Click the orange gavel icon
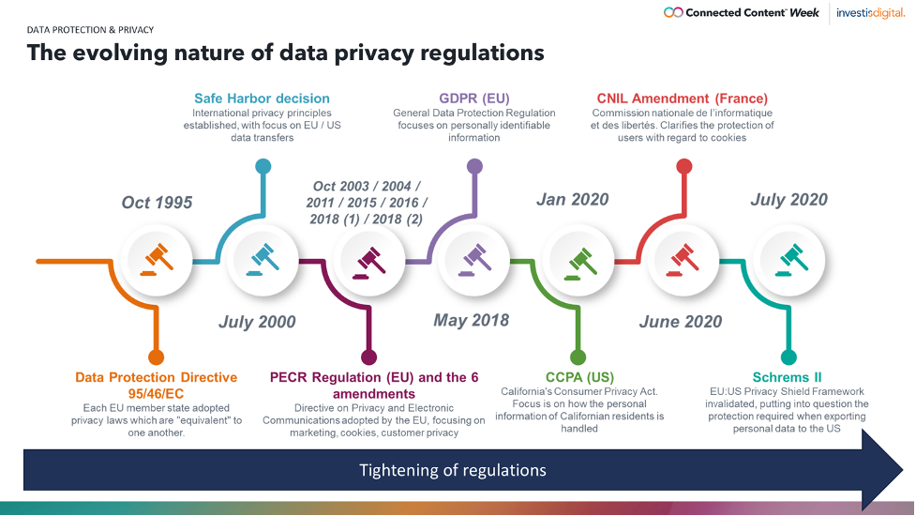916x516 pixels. click(157, 260)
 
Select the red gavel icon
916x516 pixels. click(684, 260)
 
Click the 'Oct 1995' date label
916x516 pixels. click(157, 203)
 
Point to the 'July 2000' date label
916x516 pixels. click(257, 322)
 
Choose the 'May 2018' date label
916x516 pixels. click(471, 320)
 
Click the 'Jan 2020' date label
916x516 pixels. click(573, 199)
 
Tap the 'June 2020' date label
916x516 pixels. click(681, 322)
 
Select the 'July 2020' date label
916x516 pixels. click(788, 199)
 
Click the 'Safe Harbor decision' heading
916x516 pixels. click(262, 99)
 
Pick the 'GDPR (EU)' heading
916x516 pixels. click(474, 99)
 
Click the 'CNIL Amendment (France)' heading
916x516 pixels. click(683, 99)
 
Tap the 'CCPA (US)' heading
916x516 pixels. click(579, 377)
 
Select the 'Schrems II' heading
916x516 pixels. click(787, 377)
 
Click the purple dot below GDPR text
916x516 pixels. click(475, 167)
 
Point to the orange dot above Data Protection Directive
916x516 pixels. click(156, 357)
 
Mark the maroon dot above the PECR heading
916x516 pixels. click(368, 357)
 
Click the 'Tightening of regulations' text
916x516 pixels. click(453, 470)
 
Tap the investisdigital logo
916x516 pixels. click(870, 13)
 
